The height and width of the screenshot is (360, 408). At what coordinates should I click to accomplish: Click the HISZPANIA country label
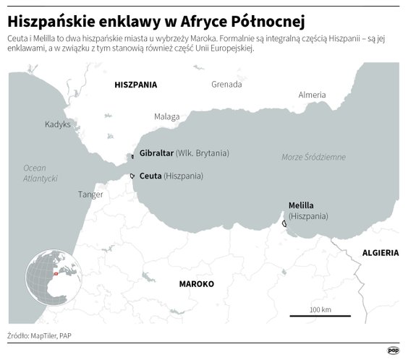click(135, 85)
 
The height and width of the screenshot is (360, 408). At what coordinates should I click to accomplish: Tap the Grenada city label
click(226, 85)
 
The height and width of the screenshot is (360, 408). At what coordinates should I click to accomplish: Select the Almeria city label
click(312, 95)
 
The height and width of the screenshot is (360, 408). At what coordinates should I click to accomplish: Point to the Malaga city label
click(166, 116)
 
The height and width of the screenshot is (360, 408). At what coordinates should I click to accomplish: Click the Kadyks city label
click(58, 124)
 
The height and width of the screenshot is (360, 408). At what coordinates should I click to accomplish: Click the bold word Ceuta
click(150, 176)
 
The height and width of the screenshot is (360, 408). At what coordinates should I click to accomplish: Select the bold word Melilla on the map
click(301, 205)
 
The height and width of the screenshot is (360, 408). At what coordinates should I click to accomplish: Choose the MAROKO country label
click(196, 284)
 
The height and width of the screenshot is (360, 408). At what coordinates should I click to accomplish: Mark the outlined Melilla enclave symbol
click(284, 224)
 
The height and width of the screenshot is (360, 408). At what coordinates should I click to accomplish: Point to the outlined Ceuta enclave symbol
click(132, 176)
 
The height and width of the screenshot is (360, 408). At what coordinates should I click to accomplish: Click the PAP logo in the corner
click(394, 351)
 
